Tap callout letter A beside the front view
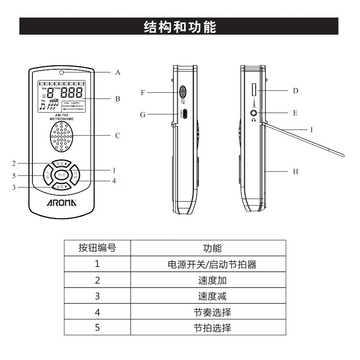(x=118, y=72)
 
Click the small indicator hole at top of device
(x=62, y=72)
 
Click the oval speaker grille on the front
(x=62, y=137)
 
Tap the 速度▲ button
(x=62, y=164)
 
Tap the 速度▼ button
(x=62, y=186)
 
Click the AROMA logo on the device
(x=62, y=202)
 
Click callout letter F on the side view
(x=142, y=93)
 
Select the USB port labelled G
(x=184, y=113)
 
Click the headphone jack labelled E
(x=255, y=112)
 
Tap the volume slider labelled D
(x=254, y=90)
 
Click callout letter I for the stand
(x=311, y=129)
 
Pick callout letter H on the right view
(x=295, y=171)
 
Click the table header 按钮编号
(x=97, y=248)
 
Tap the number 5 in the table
(x=97, y=328)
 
